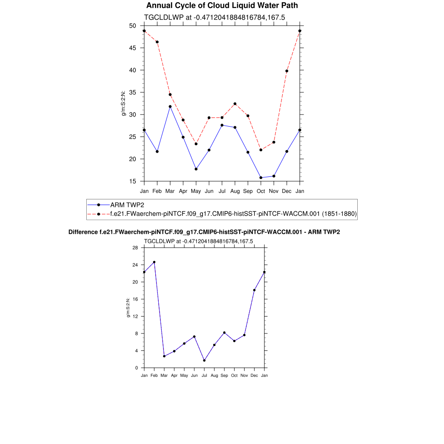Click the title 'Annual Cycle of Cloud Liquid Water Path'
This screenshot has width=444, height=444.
(222, 6)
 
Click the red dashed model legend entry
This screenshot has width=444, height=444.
(234, 214)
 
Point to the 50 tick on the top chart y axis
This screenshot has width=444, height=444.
(132, 26)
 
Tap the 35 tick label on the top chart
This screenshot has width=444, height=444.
(132, 92)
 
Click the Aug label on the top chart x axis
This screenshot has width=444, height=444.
(235, 191)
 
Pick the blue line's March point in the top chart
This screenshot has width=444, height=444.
(170, 106)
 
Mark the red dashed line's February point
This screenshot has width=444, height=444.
(157, 42)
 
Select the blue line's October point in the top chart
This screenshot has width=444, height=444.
(261, 178)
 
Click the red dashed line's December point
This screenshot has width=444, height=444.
(287, 71)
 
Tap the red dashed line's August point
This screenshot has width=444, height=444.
(235, 104)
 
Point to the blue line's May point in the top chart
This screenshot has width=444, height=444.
(196, 169)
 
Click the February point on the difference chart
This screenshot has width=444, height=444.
(154, 262)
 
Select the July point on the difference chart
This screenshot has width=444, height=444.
(204, 360)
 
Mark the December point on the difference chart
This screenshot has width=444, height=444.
(255, 290)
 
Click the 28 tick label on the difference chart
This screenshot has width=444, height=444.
(135, 248)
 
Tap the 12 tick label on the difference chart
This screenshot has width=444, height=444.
(135, 317)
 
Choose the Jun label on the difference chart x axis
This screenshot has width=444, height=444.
(194, 375)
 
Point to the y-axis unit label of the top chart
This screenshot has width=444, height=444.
(124, 103)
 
